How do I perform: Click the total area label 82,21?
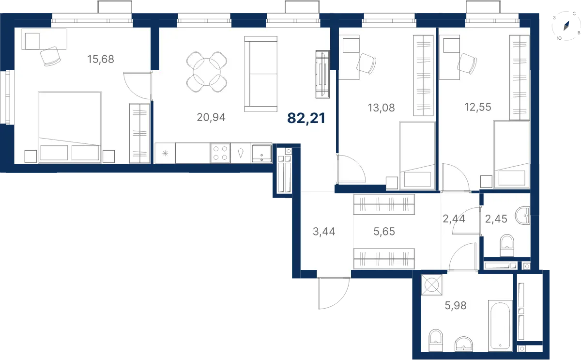(306, 118)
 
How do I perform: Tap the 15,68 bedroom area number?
(101, 59)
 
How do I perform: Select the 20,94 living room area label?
(211, 117)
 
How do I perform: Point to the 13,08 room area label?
(382, 108)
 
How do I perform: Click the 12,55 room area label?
(478, 107)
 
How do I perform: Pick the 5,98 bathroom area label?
(456, 306)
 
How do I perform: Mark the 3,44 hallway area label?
(324, 231)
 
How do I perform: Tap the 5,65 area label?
(384, 231)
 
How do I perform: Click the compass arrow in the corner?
(566, 26)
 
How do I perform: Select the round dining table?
(207, 72)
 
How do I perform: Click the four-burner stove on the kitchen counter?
(220, 153)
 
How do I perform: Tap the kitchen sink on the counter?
(262, 154)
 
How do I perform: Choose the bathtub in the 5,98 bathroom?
(500, 326)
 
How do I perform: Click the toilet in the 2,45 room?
(507, 245)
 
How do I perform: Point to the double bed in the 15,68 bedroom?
(70, 127)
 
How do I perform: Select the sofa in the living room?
(261, 74)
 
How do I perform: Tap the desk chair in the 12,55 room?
(467, 63)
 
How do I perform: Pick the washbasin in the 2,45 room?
(522, 216)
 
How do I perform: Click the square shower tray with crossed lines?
(431, 285)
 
